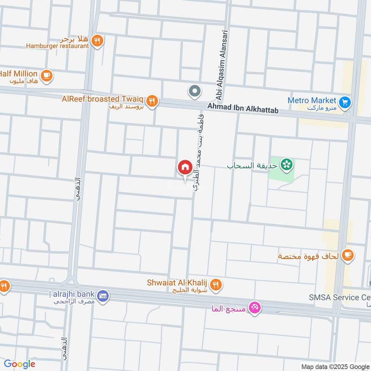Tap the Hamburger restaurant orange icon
(x=97, y=41)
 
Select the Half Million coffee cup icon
(x=46, y=75)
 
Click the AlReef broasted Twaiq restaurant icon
(x=152, y=100)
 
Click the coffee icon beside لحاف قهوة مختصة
(x=347, y=254)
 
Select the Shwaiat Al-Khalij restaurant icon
(x=215, y=286)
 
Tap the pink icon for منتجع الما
(x=254, y=307)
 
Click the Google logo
(x=19, y=364)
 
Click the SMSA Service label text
(x=339, y=297)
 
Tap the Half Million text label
(x=18, y=73)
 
